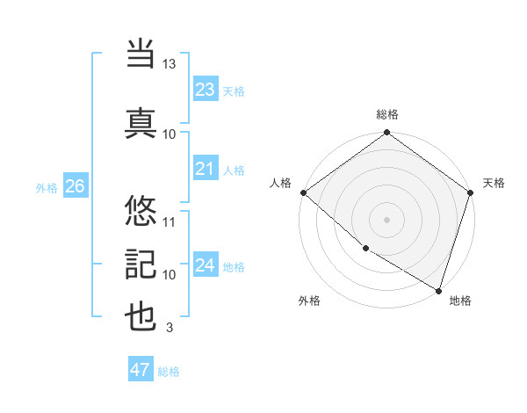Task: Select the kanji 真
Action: pyautogui.click(x=141, y=122)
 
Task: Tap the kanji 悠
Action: pyautogui.click(x=141, y=210)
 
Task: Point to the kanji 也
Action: pyautogui.click(x=141, y=317)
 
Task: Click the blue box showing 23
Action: pyautogui.click(x=205, y=89)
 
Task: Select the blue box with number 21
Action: pyautogui.click(x=205, y=169)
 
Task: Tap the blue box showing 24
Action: pyautogui.click(x=205, y=265)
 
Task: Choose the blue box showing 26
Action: pyautogui.click(x=75, y=186)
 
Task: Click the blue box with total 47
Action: pyautogui.click(x=141, y=370)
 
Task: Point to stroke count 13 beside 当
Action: pyautogui.click(x=170, y=65)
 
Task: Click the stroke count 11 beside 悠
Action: pyautogui.click(x=170, y=221)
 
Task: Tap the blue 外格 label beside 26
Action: pyautogui.click(x=47, y=187)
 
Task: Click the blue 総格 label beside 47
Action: pyautogui.click(x=169, y=372)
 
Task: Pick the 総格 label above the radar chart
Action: pyautogui.click(x=387, y=114)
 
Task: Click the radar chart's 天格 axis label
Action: pyautogui.click(x=494, y=183)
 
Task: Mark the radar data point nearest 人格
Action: pyautogui.click(x=303, y=192)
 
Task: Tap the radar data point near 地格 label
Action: pyautogui.click(x=438, y=289)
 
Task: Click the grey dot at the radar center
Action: pyautogui.click(x=386, y=219)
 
